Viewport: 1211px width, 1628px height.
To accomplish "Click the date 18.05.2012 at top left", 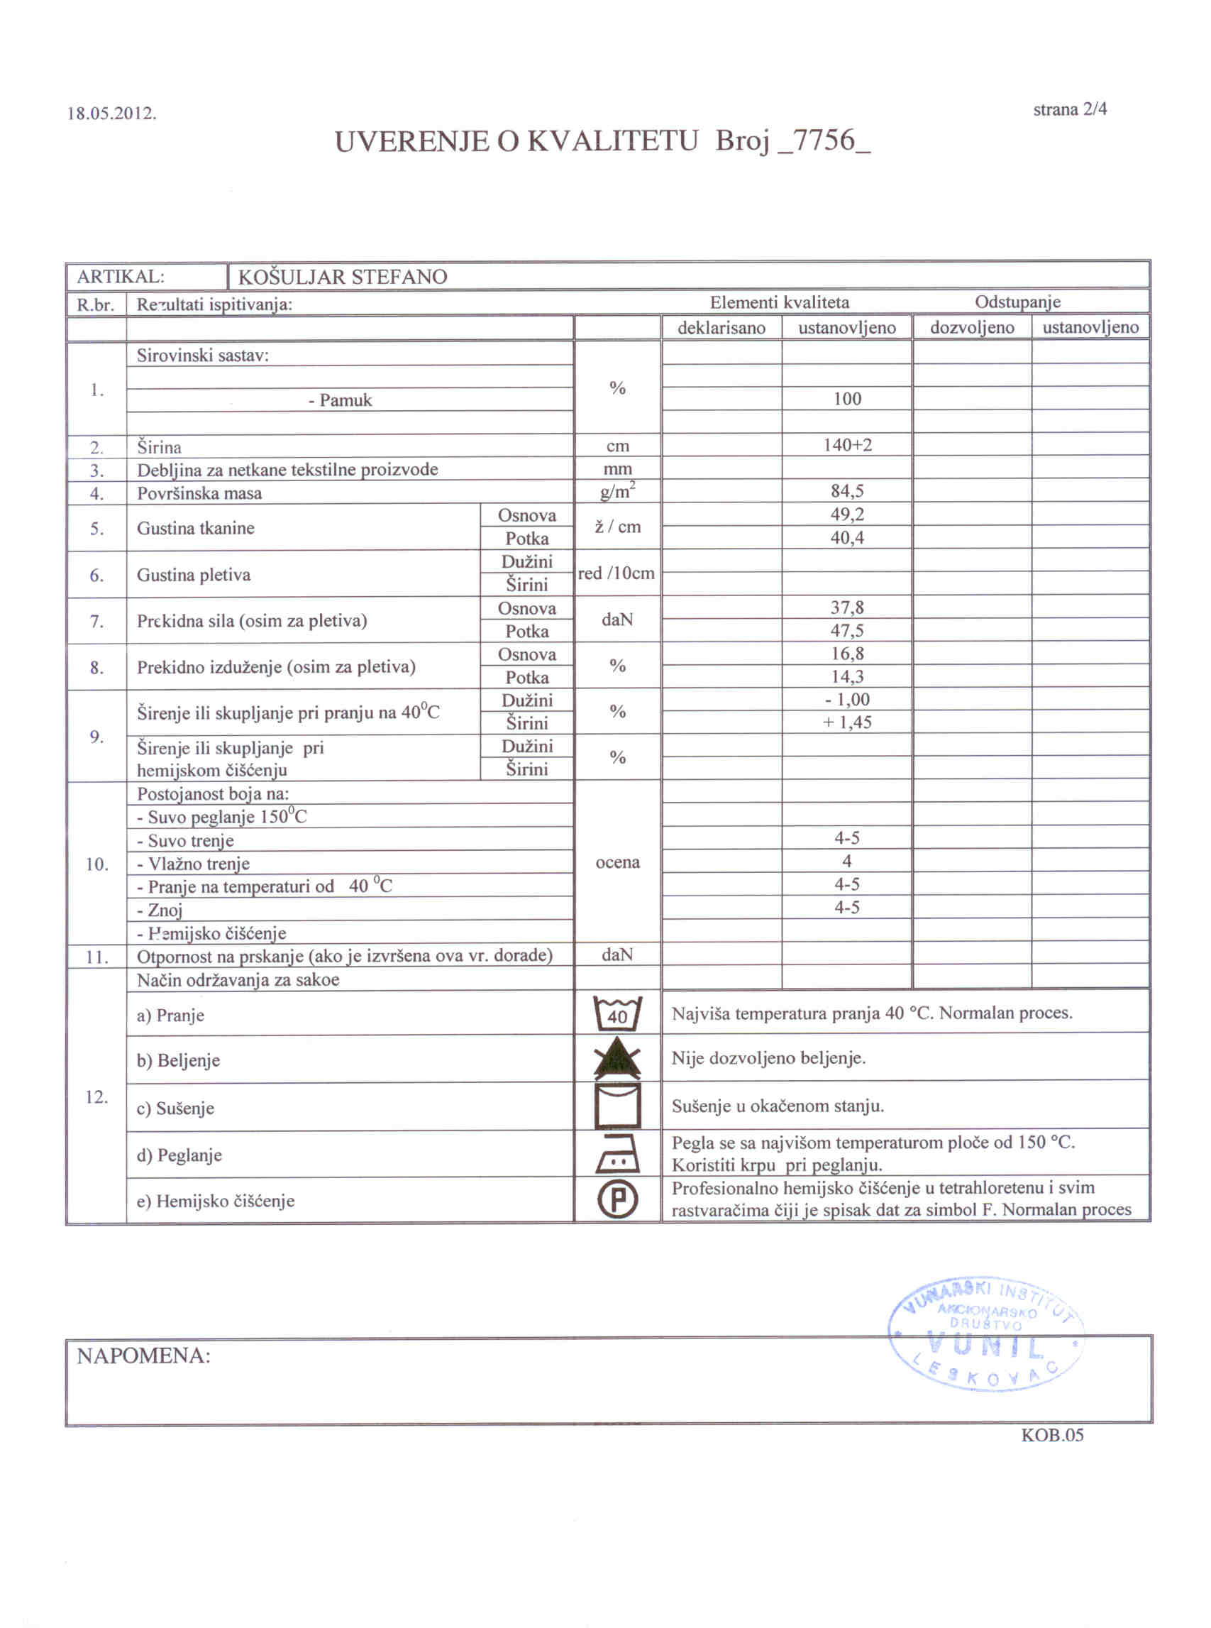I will pyautogui.click(x=111, y=114).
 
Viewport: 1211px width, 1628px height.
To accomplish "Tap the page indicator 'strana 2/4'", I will pyautogui.click(x=1070, y=109).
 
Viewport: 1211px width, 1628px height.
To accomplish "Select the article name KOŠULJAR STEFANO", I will pyautogui.click(x=343, y=277).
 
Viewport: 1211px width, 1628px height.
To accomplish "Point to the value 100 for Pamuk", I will pyautogui.click(x=846, y=399).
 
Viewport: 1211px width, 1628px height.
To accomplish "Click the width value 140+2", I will pyautogui.click(x=846, y=445).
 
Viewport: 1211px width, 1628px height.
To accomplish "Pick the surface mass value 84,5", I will pyautogui.click(x=846, y=490).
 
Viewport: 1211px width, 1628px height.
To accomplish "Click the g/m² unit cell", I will pyautogui.click(x=617, y=490).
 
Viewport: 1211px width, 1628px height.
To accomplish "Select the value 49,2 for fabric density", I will pyautogui.click(x=846, y=514).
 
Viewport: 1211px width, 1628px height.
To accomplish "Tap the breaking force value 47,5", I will pyautogui.click(x=846, y=630).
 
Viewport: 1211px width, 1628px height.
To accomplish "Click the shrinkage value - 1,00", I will pyautogui.click(x=846, y=699).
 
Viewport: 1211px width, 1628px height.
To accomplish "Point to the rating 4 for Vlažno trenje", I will pyautogui.click(x=846, y=861).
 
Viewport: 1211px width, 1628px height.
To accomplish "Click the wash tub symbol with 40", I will pyautogui.click(x=617, y=1014).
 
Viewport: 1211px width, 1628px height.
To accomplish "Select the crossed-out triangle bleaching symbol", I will pyautogui.click(x=617, y=1058).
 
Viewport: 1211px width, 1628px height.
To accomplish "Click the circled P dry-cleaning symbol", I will pyautogui.click(x=617, y=1200).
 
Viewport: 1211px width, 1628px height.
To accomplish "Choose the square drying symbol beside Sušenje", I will pyautogui.click(x=617, y=1105).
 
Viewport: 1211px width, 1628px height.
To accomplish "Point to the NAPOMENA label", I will pyautogui.click(x=144, y=1356).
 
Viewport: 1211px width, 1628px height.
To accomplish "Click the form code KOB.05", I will pyautogui.click(x=1052, y=1435).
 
